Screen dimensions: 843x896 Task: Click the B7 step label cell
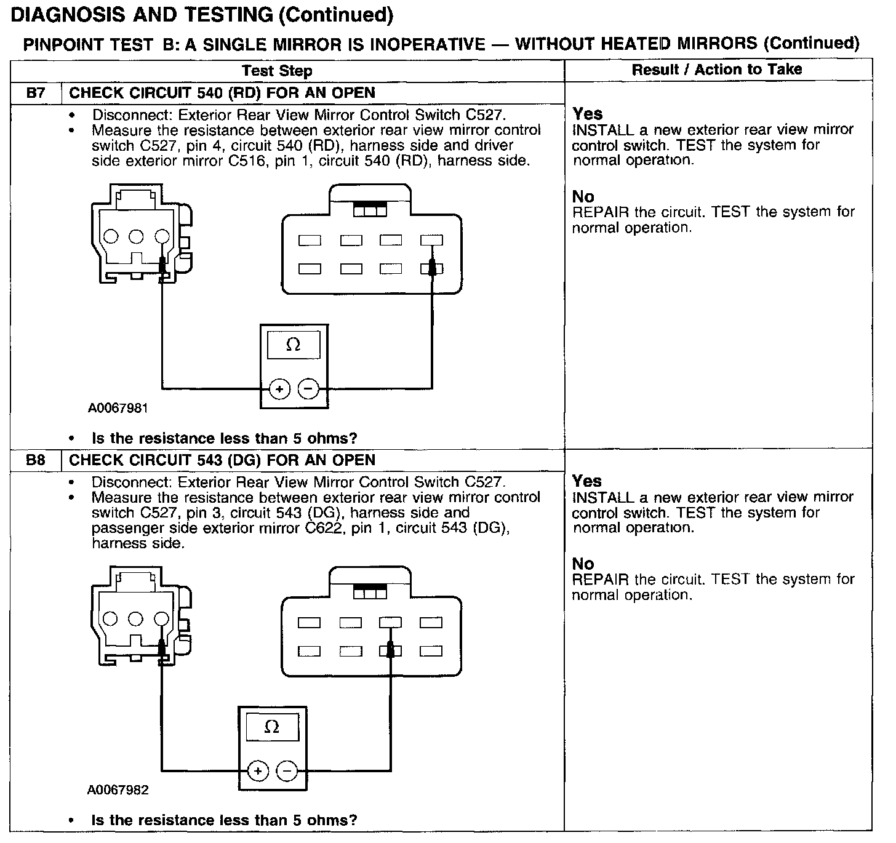[36, 94]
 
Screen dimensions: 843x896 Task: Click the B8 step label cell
[36, 460]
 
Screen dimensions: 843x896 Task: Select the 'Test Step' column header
[277, 71]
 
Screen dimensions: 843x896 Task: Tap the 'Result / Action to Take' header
[717, 70]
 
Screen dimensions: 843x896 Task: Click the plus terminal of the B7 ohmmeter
[279, 389]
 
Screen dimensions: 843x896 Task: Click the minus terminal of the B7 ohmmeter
[308, 389]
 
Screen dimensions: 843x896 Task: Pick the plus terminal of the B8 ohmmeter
[258, 771]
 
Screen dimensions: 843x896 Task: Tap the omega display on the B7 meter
[294, 345]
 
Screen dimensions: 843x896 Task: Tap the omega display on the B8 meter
[272, 727]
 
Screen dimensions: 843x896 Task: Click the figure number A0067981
[118, 408]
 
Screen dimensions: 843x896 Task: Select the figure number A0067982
[118, 790]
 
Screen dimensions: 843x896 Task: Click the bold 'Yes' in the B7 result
[588, 114]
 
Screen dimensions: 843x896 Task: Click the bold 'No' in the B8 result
[583, 564]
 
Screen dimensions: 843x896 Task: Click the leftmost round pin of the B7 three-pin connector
[111, 236]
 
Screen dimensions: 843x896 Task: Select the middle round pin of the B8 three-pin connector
[136, 618]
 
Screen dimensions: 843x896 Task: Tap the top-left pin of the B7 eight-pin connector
[310, 241]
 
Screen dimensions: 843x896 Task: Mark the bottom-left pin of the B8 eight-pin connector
[309, 651]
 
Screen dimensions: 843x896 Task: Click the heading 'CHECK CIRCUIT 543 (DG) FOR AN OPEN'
[222, 460]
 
